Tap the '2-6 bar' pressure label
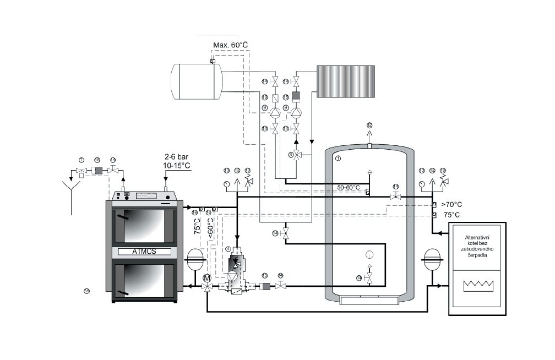pyautogui.click(x=177, y=156)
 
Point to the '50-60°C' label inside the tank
pyautogui.click(x=349, y=188)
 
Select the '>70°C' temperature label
pyautogui.click(x=450, y=204)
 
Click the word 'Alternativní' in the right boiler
pyautogui.click(x=477, y=236)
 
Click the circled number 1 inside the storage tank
pyautogui.click(x=338, y=159)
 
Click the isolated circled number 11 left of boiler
pyautogui.click(x=86, y=291)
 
